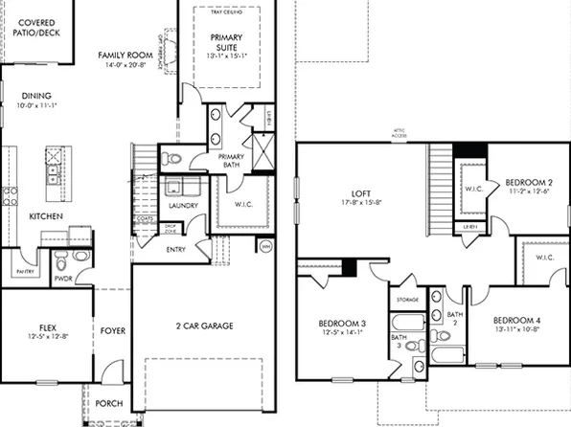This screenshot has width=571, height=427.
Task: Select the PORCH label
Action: tap(108, 403)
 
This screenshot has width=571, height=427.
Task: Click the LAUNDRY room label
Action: tap(182, 205)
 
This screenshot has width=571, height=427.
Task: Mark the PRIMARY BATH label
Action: tap(230, 161)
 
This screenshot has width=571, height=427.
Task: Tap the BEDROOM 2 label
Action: tap(529, 182)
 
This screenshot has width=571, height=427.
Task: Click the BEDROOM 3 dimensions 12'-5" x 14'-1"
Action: tap(343, 334)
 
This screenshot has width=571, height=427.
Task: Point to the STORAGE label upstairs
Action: tap(406, 300)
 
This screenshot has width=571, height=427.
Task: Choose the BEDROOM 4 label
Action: tap(516, 319)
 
